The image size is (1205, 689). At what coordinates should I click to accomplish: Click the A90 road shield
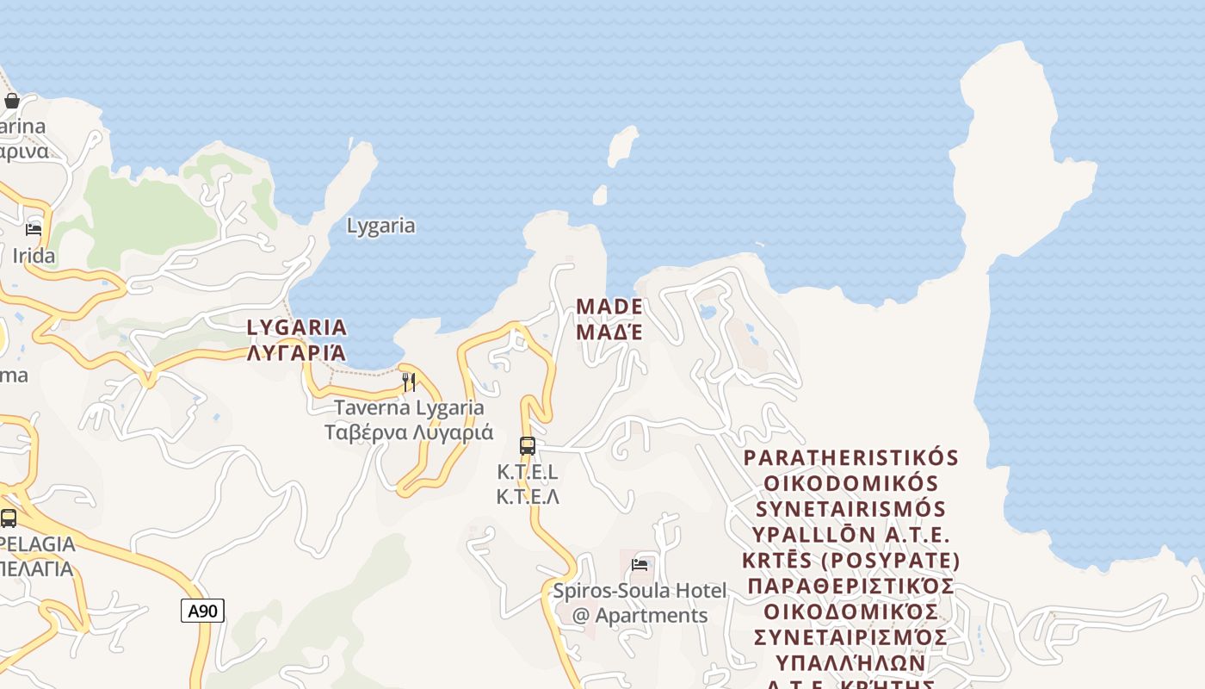[x=203, y=611]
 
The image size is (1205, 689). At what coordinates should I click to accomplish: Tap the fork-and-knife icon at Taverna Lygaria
[x=409, y=382]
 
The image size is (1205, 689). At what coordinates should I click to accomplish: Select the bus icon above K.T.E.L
[x=528, y=445]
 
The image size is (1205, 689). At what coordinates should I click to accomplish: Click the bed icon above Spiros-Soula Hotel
[x=640, y=564]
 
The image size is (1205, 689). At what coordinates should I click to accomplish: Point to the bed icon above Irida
[x=34, y=229]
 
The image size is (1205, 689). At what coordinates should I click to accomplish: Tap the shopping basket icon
[x=12, y=101]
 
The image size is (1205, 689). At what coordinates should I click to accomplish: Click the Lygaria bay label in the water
[x=380, y=226]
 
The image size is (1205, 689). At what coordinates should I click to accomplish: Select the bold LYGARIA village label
[x=297, y=327]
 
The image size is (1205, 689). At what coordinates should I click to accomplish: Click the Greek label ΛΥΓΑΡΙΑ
[x=297, y=352]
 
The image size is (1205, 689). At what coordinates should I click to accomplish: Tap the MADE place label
[x=609, y=307]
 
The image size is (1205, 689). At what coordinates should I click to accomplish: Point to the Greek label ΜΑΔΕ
[x=609, y=332]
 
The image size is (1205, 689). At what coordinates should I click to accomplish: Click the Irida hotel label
[x=34, y=256]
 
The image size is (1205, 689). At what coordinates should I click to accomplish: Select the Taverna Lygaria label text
[x=409, y=407]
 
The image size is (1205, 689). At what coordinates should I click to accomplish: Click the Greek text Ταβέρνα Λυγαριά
[x=409, y=432]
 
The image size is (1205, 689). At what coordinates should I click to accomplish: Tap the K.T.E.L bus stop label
[x=528, y=472]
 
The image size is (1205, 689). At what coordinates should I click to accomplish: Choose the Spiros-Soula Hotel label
[x=640, y=591]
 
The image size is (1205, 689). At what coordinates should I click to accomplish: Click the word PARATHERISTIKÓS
[x=850, y=457]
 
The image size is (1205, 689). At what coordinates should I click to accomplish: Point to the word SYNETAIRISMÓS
[x=850, y=509]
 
